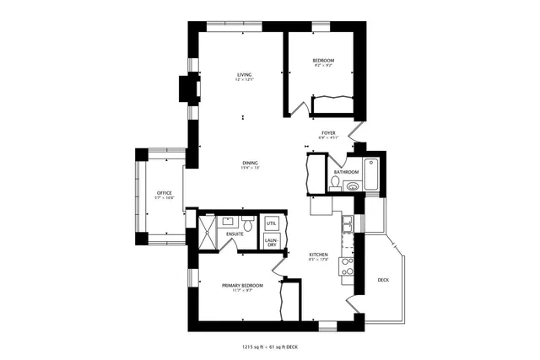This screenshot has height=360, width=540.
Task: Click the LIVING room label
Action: (x=245, y=75)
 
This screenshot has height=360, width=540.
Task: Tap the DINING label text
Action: (x=250, y=163)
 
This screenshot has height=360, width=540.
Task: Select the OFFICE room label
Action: (x=164, y=194)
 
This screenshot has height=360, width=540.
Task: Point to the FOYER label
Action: (x=328, y=133)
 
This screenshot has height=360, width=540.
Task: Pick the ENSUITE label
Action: (x=235, y=234)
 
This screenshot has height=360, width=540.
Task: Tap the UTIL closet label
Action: (x=271, y=223)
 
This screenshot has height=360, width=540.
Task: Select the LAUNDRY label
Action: (x=271, y=242)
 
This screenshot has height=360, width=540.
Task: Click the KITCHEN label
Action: (x=317, y=255)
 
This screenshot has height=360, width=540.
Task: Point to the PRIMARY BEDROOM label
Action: (x=242, y=286)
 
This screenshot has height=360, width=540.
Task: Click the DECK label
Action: (x=383, y=280)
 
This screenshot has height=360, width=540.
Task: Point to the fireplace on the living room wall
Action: (x=187, y=89)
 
